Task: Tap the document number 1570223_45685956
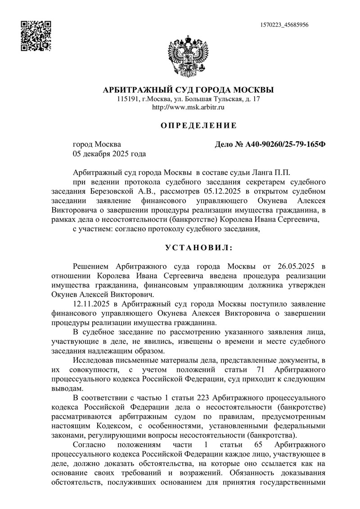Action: pos(284,25)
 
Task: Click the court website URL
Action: pos(189,108)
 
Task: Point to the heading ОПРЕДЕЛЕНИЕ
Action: pos(198,125)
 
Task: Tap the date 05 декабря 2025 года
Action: pos(109,154)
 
